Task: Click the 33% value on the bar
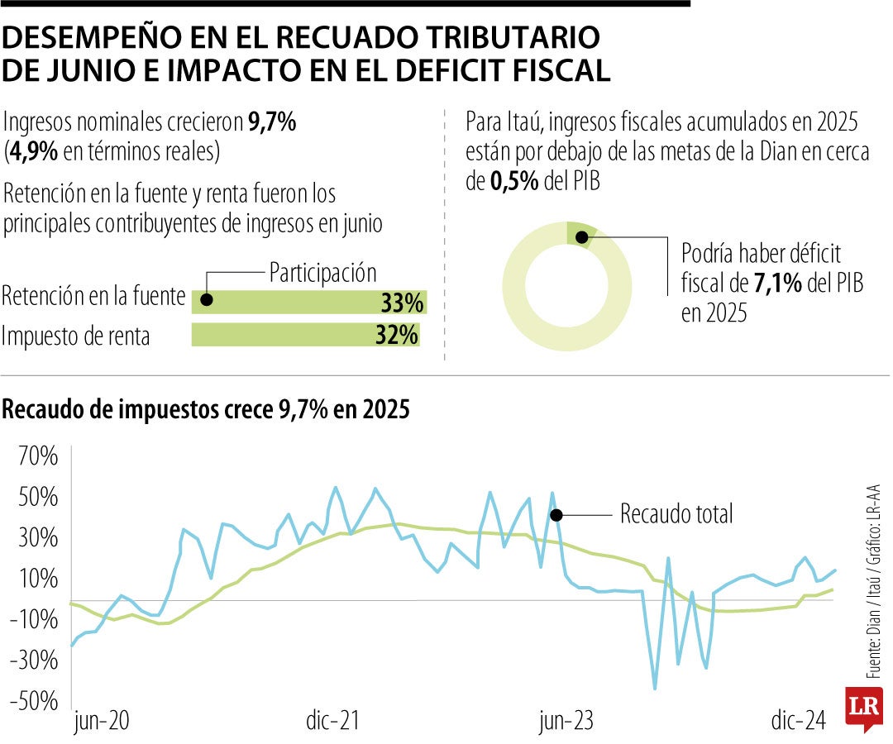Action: pos(402,303)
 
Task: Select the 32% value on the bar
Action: pos(397,336)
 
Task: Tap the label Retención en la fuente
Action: pos(93,297)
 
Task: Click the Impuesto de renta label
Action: pos(77,336)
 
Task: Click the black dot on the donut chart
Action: pos(581,237)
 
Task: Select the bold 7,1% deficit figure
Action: pos(777,284)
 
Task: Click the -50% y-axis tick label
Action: pos(33,702)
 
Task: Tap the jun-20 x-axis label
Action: pos(101,721)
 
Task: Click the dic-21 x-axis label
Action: pos(331,721)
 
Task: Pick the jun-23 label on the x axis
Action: pos(566,721)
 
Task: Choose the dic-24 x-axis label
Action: pos(799,721)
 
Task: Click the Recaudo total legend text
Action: pos(676,514)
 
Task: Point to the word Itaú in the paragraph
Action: pos(519,122)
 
